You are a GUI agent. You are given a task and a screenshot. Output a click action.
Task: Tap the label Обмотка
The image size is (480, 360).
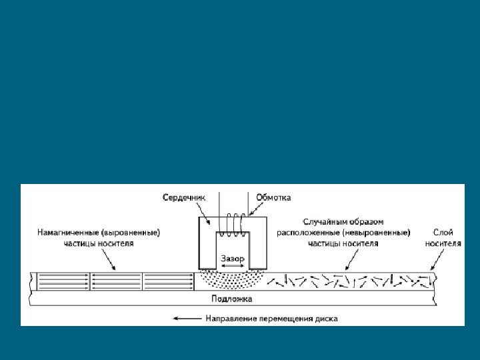coord(273,197)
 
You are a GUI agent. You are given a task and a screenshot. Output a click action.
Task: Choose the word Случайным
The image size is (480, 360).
coord(322,221)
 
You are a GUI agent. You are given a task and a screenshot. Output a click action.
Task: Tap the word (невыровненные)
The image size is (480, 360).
coord(376,233)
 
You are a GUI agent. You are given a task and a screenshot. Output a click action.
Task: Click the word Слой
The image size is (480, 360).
coord(443,233)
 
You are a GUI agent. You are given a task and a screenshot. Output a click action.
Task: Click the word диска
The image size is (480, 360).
coord(327,319)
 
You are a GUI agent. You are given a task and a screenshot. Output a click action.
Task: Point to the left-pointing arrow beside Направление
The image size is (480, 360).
coord(187,319)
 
